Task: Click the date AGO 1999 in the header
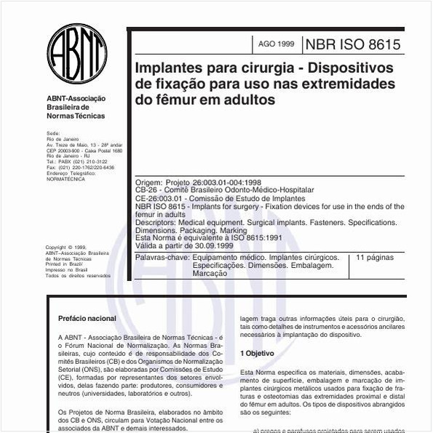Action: pyautogui.click(x=276, y=44)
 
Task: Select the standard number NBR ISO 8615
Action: pyautogui.click(x=352, y=44)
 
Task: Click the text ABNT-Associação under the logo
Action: pyautogui.click(x=76, y=98)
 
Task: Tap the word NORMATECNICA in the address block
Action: pyautogui.click(x=65, y=178)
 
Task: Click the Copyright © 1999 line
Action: pyautogui.click(x=65, y=247)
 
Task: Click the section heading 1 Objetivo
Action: pyautogui.click(x=257, y=353)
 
